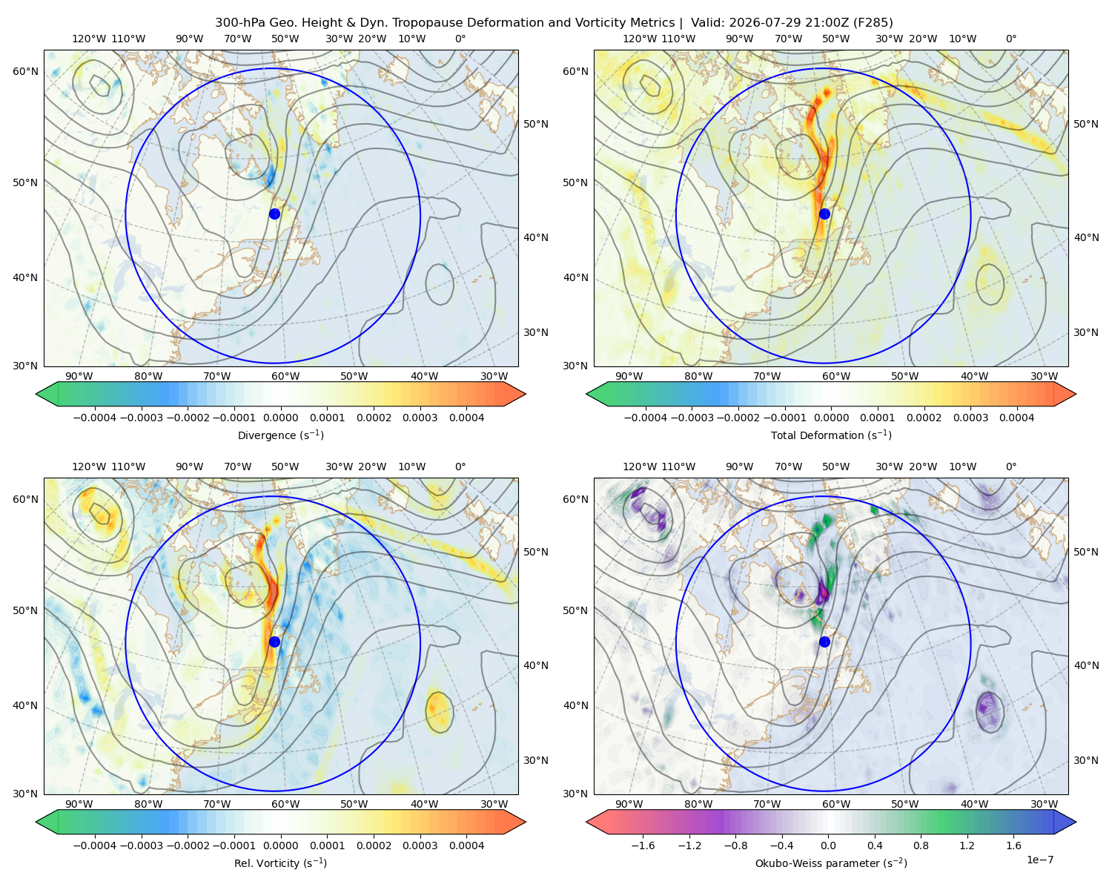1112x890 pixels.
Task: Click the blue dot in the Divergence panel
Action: pyautogui.click(x=274, y=214)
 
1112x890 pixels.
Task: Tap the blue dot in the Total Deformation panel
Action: pyautogui.click(x=824, y=214)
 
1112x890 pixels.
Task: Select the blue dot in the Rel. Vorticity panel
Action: pyautogui.click(x=274, y=642)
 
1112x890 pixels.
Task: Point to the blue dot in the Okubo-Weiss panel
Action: pyautogui.click(x=824, y=642)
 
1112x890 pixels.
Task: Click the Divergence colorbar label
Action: pyautogui.click(x=280, y=435)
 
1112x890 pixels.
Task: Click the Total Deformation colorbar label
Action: pyautogui.click(x=831, y=435)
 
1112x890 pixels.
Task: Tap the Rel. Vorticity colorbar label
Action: pyautogui.click(x=280, y=863)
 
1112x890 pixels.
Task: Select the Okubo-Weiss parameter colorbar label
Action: pyautogui.click(x=831, y=863)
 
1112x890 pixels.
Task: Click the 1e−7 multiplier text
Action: pyautogui.click(x=1039, y=860)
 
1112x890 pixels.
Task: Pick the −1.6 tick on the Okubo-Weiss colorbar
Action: pyautogui.click(x=642, y=845)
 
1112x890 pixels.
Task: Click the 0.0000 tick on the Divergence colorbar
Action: pyautogui.click(x=280, y=418)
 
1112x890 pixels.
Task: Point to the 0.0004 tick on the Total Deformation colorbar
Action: pyautogui.click(x=1016, y=418)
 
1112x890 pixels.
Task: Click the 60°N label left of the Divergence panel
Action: pyautogui.click(x=25, y=71)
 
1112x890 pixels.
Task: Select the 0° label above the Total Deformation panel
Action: pyautogui.click(x=1010, y=39)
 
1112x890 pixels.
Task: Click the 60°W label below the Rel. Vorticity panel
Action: pyautogui.click(x=285, y=804)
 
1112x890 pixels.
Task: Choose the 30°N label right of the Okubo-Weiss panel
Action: pyautogui.click(x=1085, y=760)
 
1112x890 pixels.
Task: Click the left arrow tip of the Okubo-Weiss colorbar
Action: pyautogui.click(x=586, y=822)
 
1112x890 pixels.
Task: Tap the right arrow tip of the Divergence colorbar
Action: pyautogui.click(x=526, y=394)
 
